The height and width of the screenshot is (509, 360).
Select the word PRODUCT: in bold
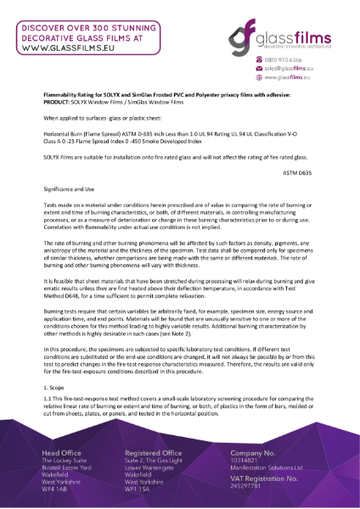click(x=59, y=104)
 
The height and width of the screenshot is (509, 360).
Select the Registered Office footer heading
click(x=159, y=454)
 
